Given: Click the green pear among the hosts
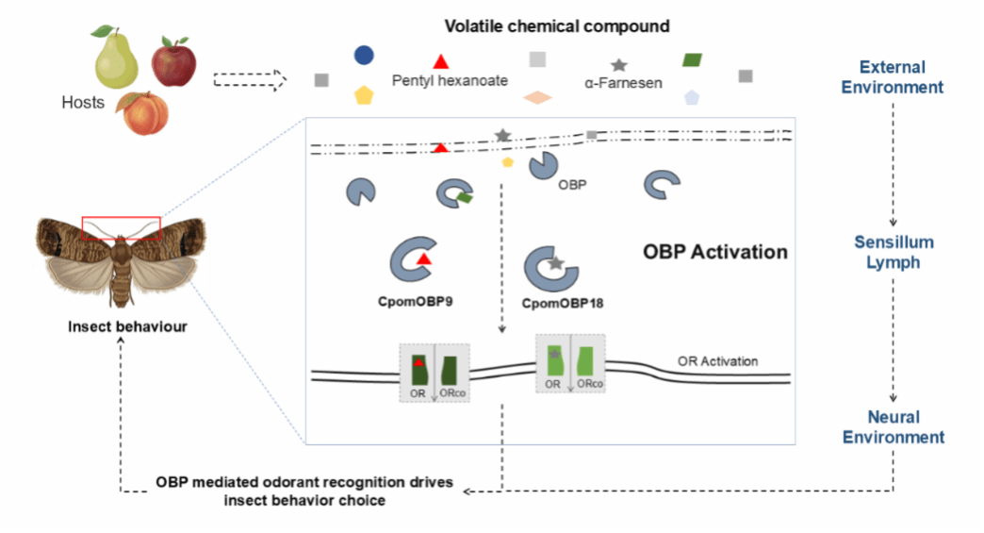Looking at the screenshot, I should coord(116,58).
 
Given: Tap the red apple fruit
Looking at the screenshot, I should coord(173,63).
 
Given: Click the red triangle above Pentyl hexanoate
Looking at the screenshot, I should coord(440,60).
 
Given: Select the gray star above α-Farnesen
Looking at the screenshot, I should coord(619,65).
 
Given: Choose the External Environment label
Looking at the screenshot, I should coord(892,77).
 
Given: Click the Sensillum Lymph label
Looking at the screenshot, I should coord(893,253).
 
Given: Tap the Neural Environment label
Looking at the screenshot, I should coord(893,426).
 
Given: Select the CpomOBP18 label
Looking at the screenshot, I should coord(562,304).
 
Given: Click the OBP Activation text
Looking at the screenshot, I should coord(714,253).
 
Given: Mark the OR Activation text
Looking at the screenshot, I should coord(717,361).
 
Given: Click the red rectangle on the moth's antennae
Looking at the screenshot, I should coord(122,227).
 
